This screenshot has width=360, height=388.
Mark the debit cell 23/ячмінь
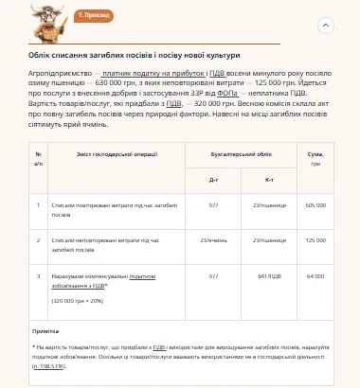pos(213,239)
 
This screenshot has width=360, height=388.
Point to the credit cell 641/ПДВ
pos(270,275)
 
